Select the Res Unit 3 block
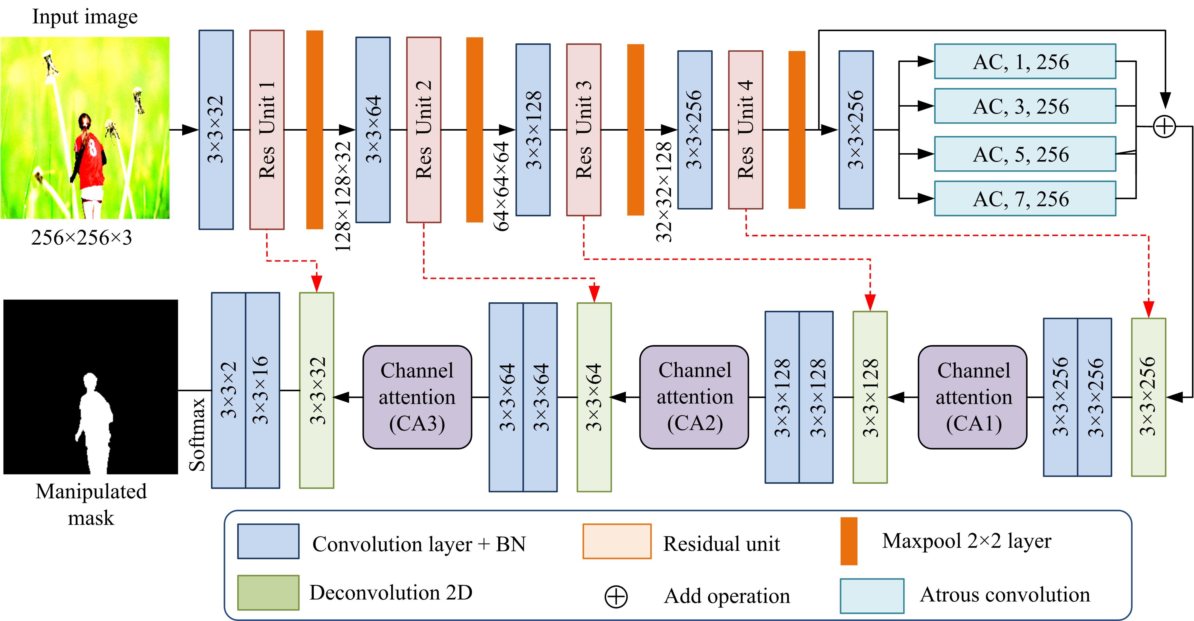(584, 130)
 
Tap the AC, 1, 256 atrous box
(1025, 61)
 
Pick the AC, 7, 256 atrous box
(1025, 199)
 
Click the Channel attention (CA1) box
(972, 397)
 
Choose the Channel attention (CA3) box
(417, 397)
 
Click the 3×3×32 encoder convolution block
(216, 130)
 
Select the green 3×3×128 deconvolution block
(870, 397)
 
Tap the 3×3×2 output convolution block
(228, 390)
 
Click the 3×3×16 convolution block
(262, 390)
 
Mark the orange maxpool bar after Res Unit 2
(474, 130)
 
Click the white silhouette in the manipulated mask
(93, 422)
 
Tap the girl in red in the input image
(88, 158)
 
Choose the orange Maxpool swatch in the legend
(849, 541)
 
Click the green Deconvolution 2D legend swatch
(268, 592)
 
